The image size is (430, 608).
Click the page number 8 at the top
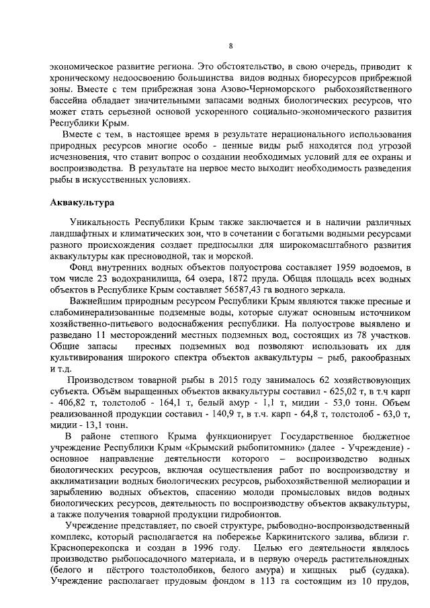click(x=230, y=46)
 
